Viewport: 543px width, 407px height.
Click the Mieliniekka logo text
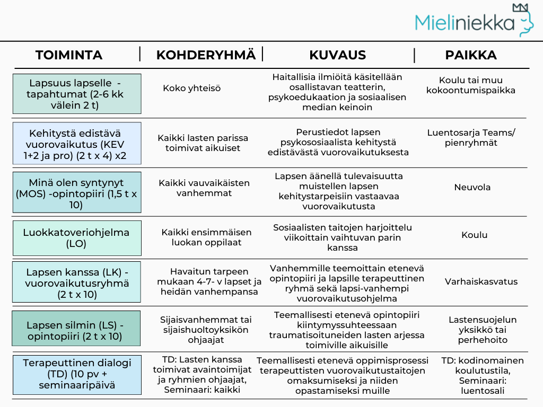[465, 22]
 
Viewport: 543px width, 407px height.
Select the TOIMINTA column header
[69, 55]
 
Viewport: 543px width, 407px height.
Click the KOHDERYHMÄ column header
[206, 55]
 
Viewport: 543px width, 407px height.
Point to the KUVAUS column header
[338, 55]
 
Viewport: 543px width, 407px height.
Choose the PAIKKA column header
[471, 55]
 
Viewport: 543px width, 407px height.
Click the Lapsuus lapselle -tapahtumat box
[77, 94]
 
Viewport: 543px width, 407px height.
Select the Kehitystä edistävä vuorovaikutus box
[77, 143]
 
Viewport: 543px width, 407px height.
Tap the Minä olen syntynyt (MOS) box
[77, 192]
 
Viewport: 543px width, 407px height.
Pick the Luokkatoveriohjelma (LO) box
[77, 238]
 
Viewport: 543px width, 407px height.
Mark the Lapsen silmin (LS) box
[76, 329]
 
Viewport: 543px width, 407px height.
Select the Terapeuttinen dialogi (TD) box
[77, 375]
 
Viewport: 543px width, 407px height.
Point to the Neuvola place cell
[472, 187]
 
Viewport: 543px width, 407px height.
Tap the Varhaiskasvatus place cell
[474, 281]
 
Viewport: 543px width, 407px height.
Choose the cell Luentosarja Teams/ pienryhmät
[471, 138]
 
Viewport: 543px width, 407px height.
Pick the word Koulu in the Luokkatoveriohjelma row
[474, 235]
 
